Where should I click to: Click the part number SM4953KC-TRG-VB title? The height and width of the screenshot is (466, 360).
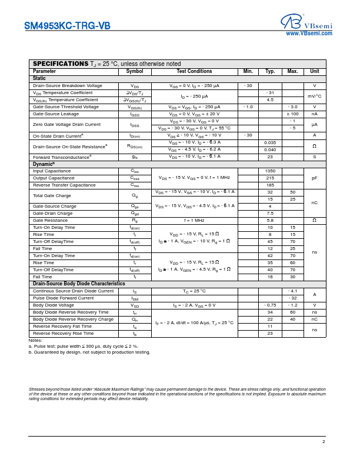coord(67,26)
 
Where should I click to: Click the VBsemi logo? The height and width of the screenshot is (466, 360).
coord(306,22)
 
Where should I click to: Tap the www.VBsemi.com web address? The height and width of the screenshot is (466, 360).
coord(309,34)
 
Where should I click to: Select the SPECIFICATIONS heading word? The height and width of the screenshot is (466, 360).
coord(60,64)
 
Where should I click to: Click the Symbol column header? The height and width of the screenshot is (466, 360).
coord(135,71)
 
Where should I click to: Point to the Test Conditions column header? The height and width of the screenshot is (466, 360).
coord(194,71)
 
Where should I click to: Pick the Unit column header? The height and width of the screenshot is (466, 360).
coord(314,71)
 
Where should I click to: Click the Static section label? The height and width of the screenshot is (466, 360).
coord(39,78)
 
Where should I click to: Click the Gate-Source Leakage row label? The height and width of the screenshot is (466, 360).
coord(56,114)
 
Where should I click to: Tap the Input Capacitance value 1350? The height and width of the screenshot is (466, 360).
coord(270,171)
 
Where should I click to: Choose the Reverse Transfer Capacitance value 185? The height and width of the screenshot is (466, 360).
coord(270,185)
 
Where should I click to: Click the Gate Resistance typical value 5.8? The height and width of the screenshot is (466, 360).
coord(270,220)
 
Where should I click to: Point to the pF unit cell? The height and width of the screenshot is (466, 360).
coord(314,178)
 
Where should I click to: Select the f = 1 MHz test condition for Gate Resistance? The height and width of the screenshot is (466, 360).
coord(194,220)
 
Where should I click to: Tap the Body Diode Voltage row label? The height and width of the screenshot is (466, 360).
coord(54,305)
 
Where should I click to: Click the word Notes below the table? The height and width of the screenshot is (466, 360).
coord(35,341)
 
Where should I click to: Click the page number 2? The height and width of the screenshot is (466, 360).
coord(324,441)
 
